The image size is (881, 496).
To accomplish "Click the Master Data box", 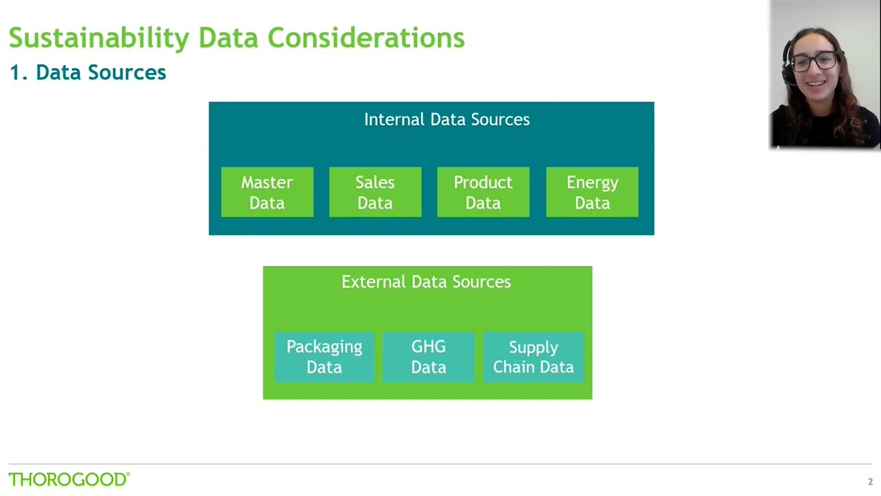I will pyautogui.click(x=267, y=192).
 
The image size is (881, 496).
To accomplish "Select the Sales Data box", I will pyautogui.click(x=375, y=192).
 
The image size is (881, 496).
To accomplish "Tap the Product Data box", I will pyautogui.click(x=483, y=192).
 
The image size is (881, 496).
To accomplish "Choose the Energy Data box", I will pyautogui.click(x=592, y=192).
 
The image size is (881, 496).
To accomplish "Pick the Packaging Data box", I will pyautogui.click(x=324, y=357).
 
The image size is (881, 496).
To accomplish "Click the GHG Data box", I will pyautogui.click(x=428, y=357).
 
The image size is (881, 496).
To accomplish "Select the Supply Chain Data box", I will pyautogui.click(x=533, y=357).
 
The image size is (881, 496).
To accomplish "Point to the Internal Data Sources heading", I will pyautogui.click(x=447, y=119).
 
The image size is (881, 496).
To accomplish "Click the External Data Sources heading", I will pyautogui.click(x=426, y=282).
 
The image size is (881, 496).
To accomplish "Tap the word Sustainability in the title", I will pyautogui.click(x=98, y=38).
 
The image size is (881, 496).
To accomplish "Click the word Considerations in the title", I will pyautogui.click(x=365, y=38).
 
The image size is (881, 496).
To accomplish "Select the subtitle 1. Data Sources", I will pyautogui.click(x=87, y=72).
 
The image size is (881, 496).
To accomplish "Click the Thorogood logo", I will pyautogui.click(x=69, y=479).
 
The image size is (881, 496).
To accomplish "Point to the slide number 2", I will pyautogui.click(x=870, y=482).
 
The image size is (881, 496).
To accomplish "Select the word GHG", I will pyautogui.click(x=428, y=347).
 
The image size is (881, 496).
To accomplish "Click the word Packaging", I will pyautogui.click(x=324, y=347).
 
